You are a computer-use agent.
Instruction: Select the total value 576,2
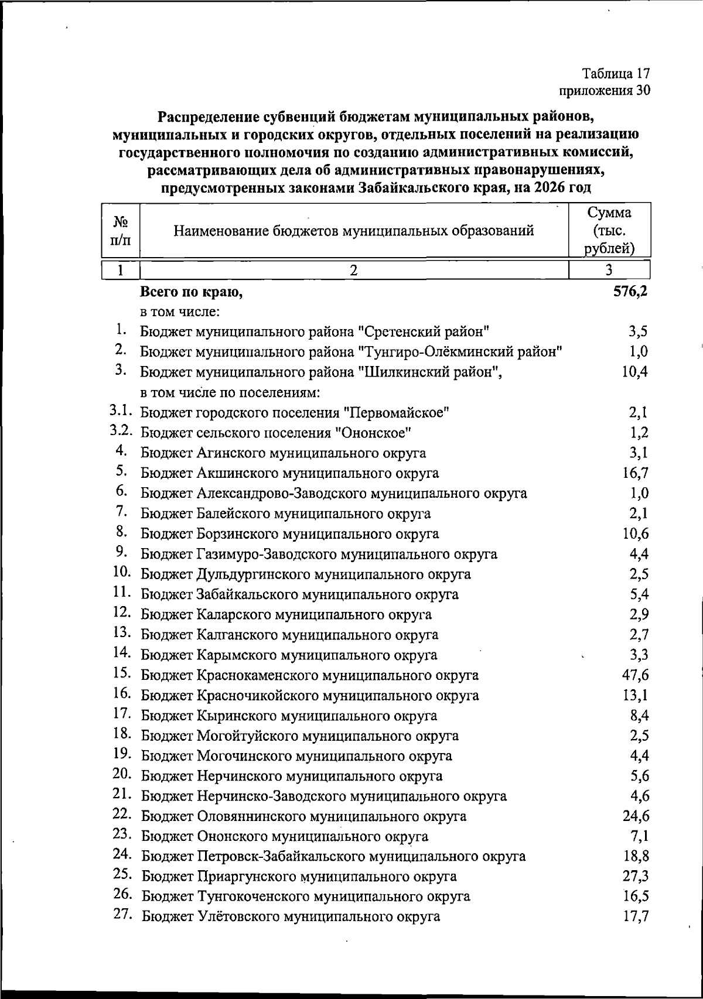click(630, 291)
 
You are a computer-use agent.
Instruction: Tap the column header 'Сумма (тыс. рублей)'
click(609, 230)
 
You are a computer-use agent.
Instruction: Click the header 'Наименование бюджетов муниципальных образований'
click(354, 230)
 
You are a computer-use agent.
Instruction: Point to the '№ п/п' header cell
click(120, 230)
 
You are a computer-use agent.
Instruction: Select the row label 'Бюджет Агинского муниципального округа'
click(283, 453)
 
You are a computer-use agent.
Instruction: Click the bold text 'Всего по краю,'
click(191, 292)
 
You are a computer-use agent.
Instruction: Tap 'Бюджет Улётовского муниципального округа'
click(291, 917)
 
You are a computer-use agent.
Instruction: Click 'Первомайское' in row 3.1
click(395, 413)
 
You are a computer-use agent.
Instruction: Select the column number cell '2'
click(353, 270)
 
